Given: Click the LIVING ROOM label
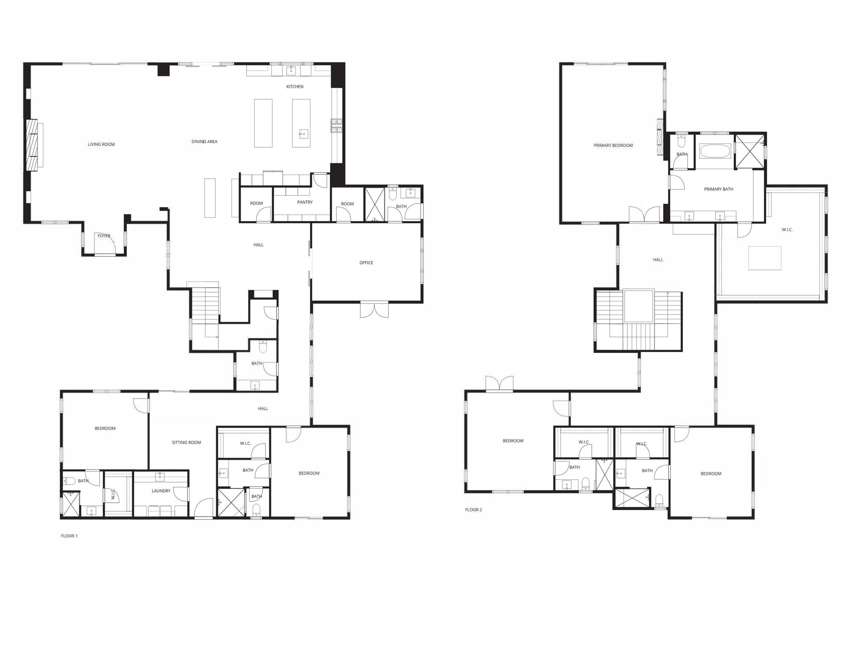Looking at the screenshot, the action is [x=101, y=144].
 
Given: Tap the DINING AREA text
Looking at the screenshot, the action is [x=204, y=141].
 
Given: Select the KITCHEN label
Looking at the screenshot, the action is [x=295, y=86].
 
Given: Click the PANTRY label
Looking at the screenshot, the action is [x=305, y=202].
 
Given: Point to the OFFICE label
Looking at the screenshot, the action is [x=366, y=263].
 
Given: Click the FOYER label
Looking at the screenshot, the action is [x=104, y=236].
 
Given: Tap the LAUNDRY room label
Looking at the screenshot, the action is [x=161, y=491].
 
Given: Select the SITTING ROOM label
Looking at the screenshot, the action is [x=186, y=442].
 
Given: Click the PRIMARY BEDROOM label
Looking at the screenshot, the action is [x=613, y=145].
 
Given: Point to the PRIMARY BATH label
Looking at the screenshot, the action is [x=718, y=189].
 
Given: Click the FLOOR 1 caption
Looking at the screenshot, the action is [x=69, y=536].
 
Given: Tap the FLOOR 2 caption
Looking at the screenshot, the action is [x=473, y=510].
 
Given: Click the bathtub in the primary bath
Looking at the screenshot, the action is [x=715, y=151].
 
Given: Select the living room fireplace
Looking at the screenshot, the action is [x=32, y=145].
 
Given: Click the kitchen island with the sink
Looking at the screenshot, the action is [x=301, y=123].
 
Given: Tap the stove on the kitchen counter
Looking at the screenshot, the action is [x=336, y=126].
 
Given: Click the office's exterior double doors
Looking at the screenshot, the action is [x=374, y=310].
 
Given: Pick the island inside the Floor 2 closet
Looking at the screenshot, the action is [x=765, y=258].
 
